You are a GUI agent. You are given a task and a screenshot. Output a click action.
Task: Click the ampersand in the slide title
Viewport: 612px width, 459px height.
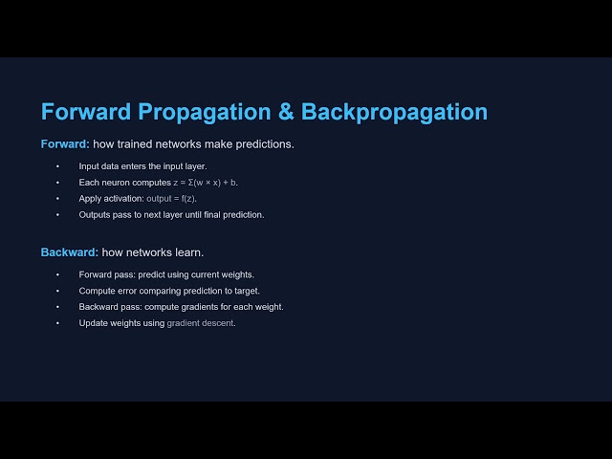click(284, 112)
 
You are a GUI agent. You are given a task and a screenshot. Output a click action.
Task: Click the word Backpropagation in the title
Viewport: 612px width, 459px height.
click(394, 112)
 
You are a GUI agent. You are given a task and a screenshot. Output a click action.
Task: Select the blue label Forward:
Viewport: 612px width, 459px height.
click(65, 144)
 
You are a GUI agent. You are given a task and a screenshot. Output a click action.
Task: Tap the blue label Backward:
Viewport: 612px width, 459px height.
click(69, 252)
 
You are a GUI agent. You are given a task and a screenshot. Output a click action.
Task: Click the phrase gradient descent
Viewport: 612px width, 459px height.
click(200, 323)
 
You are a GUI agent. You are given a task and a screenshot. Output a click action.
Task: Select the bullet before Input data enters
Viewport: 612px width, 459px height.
click(57, 166)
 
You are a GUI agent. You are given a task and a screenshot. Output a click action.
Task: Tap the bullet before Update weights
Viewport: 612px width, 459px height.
click(57, 323)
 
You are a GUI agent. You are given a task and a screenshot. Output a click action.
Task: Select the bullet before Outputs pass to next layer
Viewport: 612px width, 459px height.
click(57, 214)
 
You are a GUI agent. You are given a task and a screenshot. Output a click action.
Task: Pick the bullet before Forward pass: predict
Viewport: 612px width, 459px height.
click(57, 274)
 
